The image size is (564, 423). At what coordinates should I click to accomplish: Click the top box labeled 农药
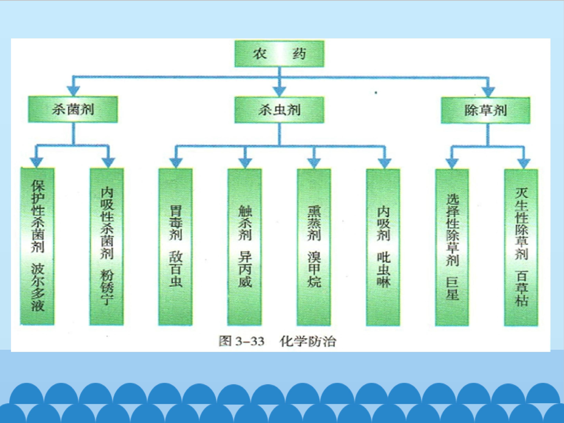pos(279,54)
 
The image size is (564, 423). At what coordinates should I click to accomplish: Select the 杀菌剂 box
pos(73,109)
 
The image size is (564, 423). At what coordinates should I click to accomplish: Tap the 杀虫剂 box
pos(279,110)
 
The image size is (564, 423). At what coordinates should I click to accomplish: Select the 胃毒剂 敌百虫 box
pos(176,247)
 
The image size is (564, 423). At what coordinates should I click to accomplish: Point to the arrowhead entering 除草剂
pos(488,91)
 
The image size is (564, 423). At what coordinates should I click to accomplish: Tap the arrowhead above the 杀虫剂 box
pos(279,91)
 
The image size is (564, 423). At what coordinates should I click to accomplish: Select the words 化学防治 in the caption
pos(308,341)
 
